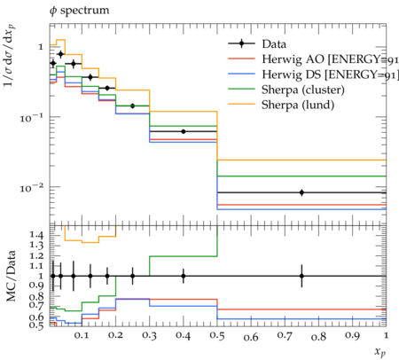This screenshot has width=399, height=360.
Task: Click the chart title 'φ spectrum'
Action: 79,11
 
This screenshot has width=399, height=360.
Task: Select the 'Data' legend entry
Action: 257,43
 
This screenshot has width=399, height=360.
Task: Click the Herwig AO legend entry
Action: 313,59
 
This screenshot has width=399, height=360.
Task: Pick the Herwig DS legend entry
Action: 313,74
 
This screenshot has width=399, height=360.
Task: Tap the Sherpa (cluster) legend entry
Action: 286,90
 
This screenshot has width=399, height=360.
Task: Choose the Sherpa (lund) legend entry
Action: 281,105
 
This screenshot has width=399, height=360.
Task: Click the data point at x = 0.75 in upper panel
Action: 301,192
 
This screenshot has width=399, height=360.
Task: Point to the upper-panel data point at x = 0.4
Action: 184,131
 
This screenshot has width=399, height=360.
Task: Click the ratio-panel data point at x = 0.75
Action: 301,276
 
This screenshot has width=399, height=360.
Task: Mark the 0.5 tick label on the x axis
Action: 217,336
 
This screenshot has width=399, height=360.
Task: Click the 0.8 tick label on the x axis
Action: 318,336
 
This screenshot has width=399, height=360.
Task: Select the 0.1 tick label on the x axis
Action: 82,336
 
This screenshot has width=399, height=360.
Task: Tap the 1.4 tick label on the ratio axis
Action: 36,235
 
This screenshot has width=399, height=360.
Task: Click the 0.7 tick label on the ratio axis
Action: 36,304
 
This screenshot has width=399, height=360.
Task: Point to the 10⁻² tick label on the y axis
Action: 32,187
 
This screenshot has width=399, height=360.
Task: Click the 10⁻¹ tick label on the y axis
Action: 32,118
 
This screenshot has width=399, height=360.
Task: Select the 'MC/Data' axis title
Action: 11,276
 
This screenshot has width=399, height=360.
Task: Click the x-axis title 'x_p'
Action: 380,352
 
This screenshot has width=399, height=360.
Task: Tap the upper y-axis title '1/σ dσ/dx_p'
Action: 10,55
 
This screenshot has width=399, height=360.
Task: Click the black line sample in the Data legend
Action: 241,43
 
